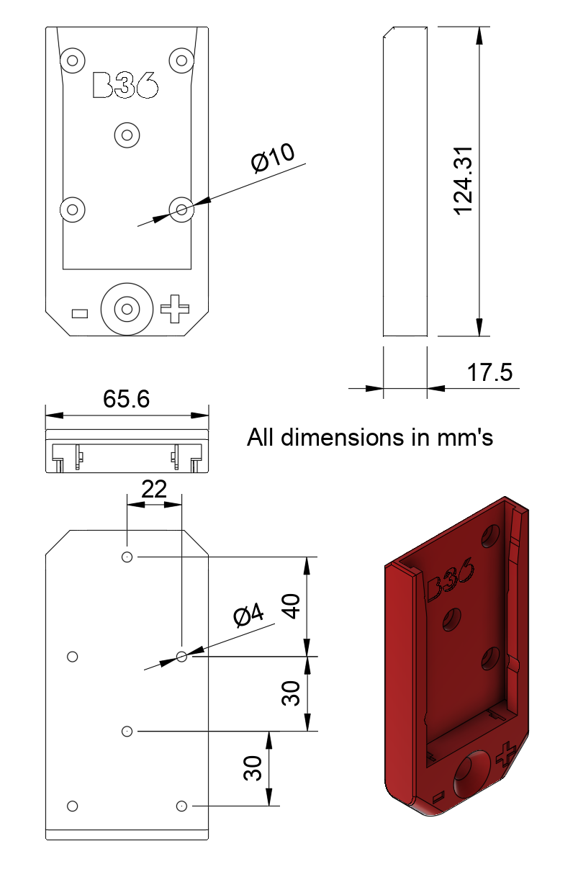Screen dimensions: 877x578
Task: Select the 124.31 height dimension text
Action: point(463,180)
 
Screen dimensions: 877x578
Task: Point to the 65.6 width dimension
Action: point(126,398)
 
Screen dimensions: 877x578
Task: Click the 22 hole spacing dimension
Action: point(153,490)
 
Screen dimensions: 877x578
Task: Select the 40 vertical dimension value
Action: point(292,606)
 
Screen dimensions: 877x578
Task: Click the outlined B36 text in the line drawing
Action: point(125,84)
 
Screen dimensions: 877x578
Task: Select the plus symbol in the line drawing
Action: point(174,309)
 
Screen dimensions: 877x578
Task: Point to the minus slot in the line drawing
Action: point(80,313)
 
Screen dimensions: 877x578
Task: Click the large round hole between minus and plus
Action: point(127,309)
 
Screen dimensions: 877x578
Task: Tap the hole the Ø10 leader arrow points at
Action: point(181,210)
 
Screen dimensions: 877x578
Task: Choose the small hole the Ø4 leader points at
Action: point(181,656)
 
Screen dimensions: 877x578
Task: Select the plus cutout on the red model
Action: point(506,753)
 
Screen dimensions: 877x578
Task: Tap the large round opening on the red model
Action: point(470,770)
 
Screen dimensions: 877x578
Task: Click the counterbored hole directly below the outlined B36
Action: point(127,134)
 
